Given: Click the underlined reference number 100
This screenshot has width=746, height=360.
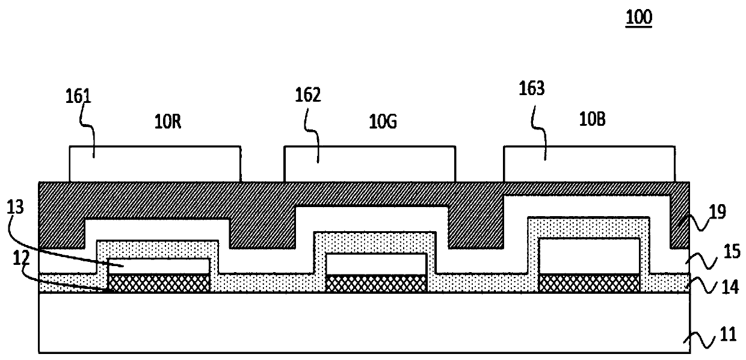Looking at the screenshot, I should [x=639, y=18].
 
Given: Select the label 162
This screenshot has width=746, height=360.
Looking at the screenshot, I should [x=308, y=95].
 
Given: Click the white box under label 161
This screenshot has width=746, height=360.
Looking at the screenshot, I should [x=155, y=163].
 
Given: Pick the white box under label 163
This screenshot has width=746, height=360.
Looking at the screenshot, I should [x=589, y=163].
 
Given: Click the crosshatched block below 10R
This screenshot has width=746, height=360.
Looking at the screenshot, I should [x=159, y=284].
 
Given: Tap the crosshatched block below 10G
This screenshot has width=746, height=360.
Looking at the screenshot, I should [x=376, y=284].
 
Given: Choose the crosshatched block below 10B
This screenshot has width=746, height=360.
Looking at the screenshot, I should [x=590, y=284].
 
